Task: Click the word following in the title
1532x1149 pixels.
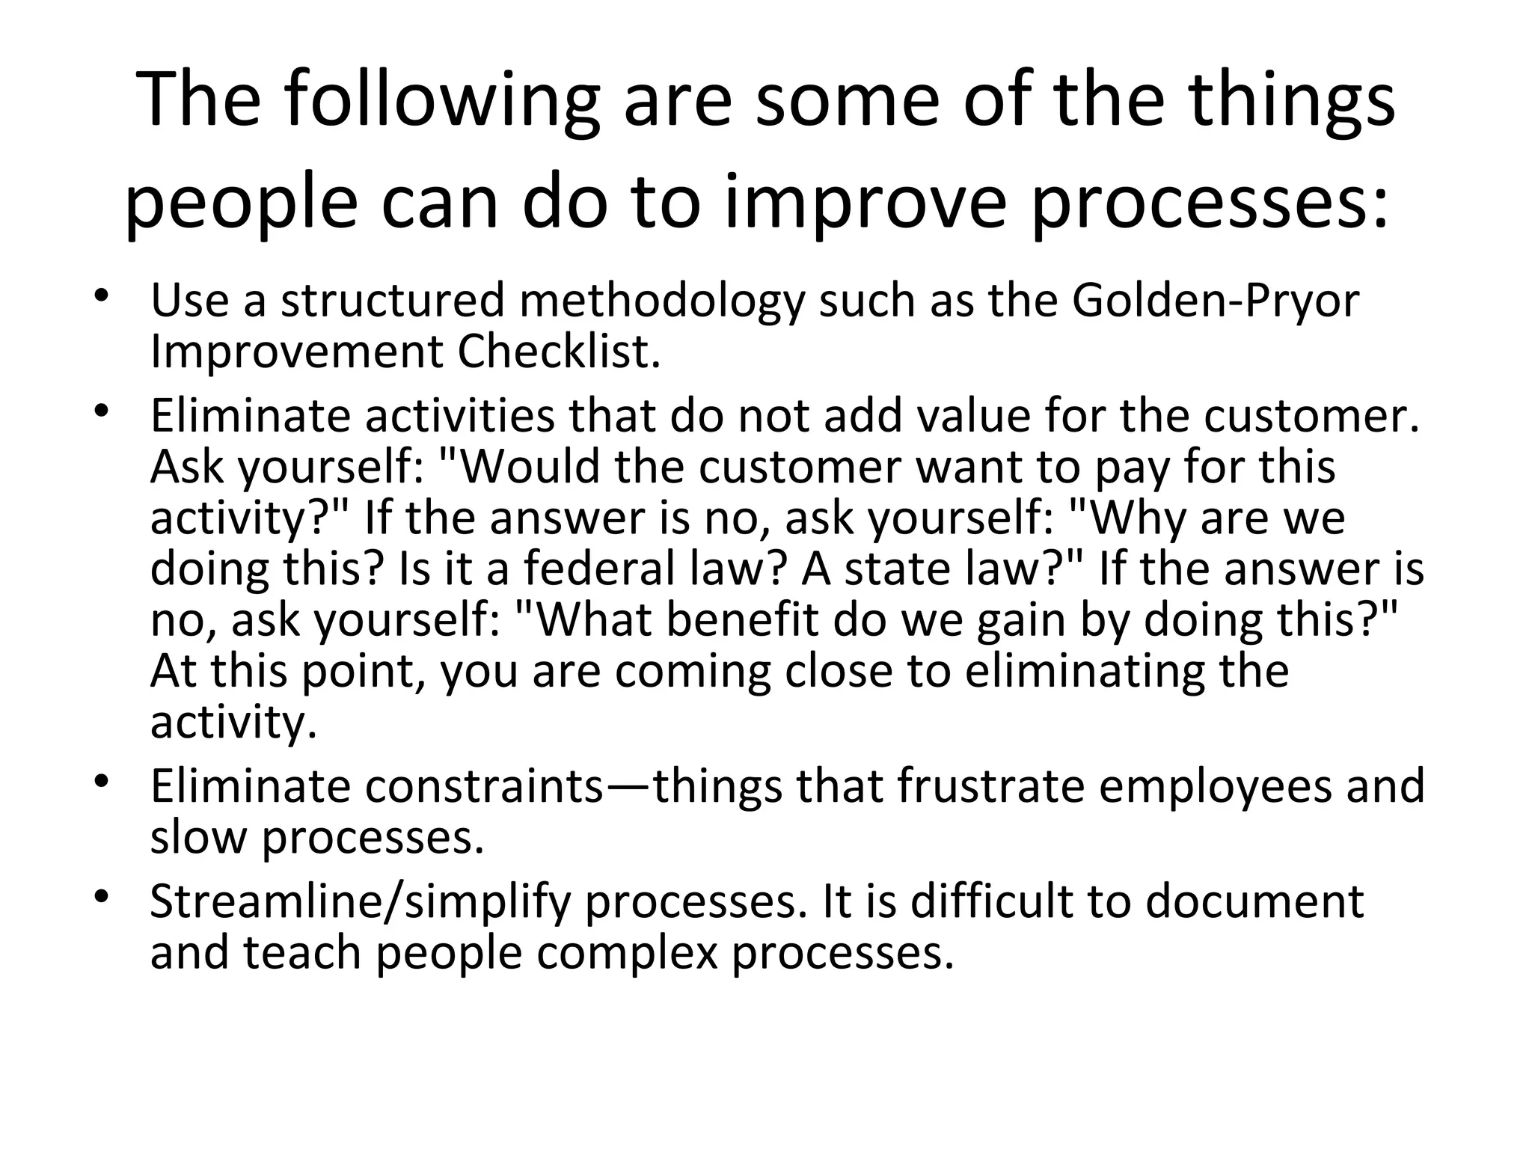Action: [441, 101]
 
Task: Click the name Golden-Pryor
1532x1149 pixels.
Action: [1215, 301]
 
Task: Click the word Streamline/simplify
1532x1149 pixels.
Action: [360, 902]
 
